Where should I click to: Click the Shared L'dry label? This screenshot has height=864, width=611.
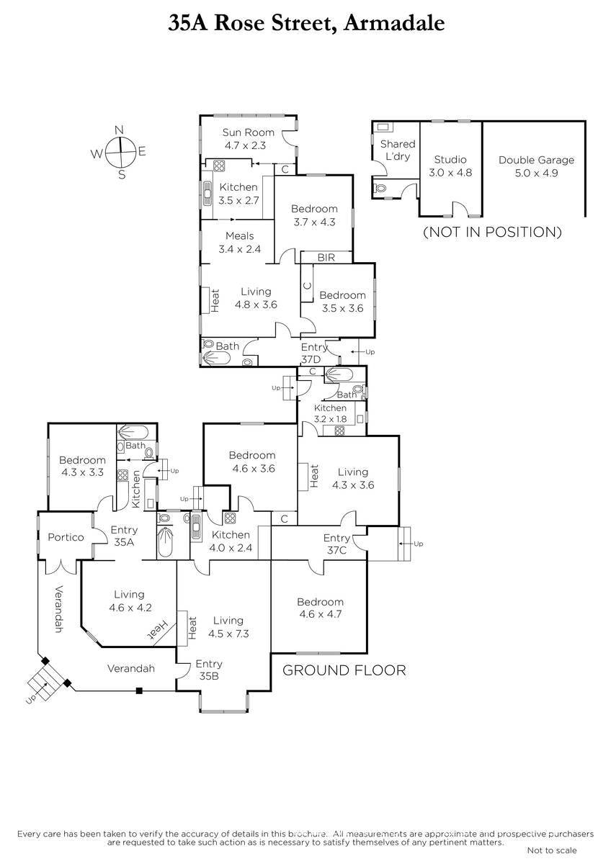pyautogui.click(x=398, y=150)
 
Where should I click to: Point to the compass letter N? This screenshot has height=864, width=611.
pyautogui.click(x=120, y=130)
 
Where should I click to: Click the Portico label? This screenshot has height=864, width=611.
pyautogui.click(x=66, y=537)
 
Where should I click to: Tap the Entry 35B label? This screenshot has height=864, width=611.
pyautogui.click(x=209, y=669)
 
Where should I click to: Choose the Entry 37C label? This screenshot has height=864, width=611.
pyautogui.click(x=336, y=544)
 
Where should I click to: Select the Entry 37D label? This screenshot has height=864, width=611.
pyautogui.click(x=314, y=354)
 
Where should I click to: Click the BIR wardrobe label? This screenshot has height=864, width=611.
pyautogui.click(x=326, y=257)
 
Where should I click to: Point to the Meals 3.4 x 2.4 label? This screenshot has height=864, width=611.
pyautogui.click(x=240, y=242)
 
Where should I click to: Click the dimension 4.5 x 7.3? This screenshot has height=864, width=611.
pyautogui.click(x=228, y=634)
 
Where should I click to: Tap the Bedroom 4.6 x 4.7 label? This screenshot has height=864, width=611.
pyautogui.click(x=321, y=608)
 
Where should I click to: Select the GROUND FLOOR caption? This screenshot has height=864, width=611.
pyautogui.click(x=344, y=670)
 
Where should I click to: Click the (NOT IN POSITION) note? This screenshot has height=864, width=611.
pyautogui.click(x=492, y=232)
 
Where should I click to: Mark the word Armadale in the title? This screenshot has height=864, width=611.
pyautogui.click(x=394, y=23)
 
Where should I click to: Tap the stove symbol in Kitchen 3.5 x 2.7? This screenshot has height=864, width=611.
pyautogui.click(x=219, y=166)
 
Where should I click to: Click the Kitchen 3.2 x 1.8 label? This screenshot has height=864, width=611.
pyautogui.click(x=330, y=413)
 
